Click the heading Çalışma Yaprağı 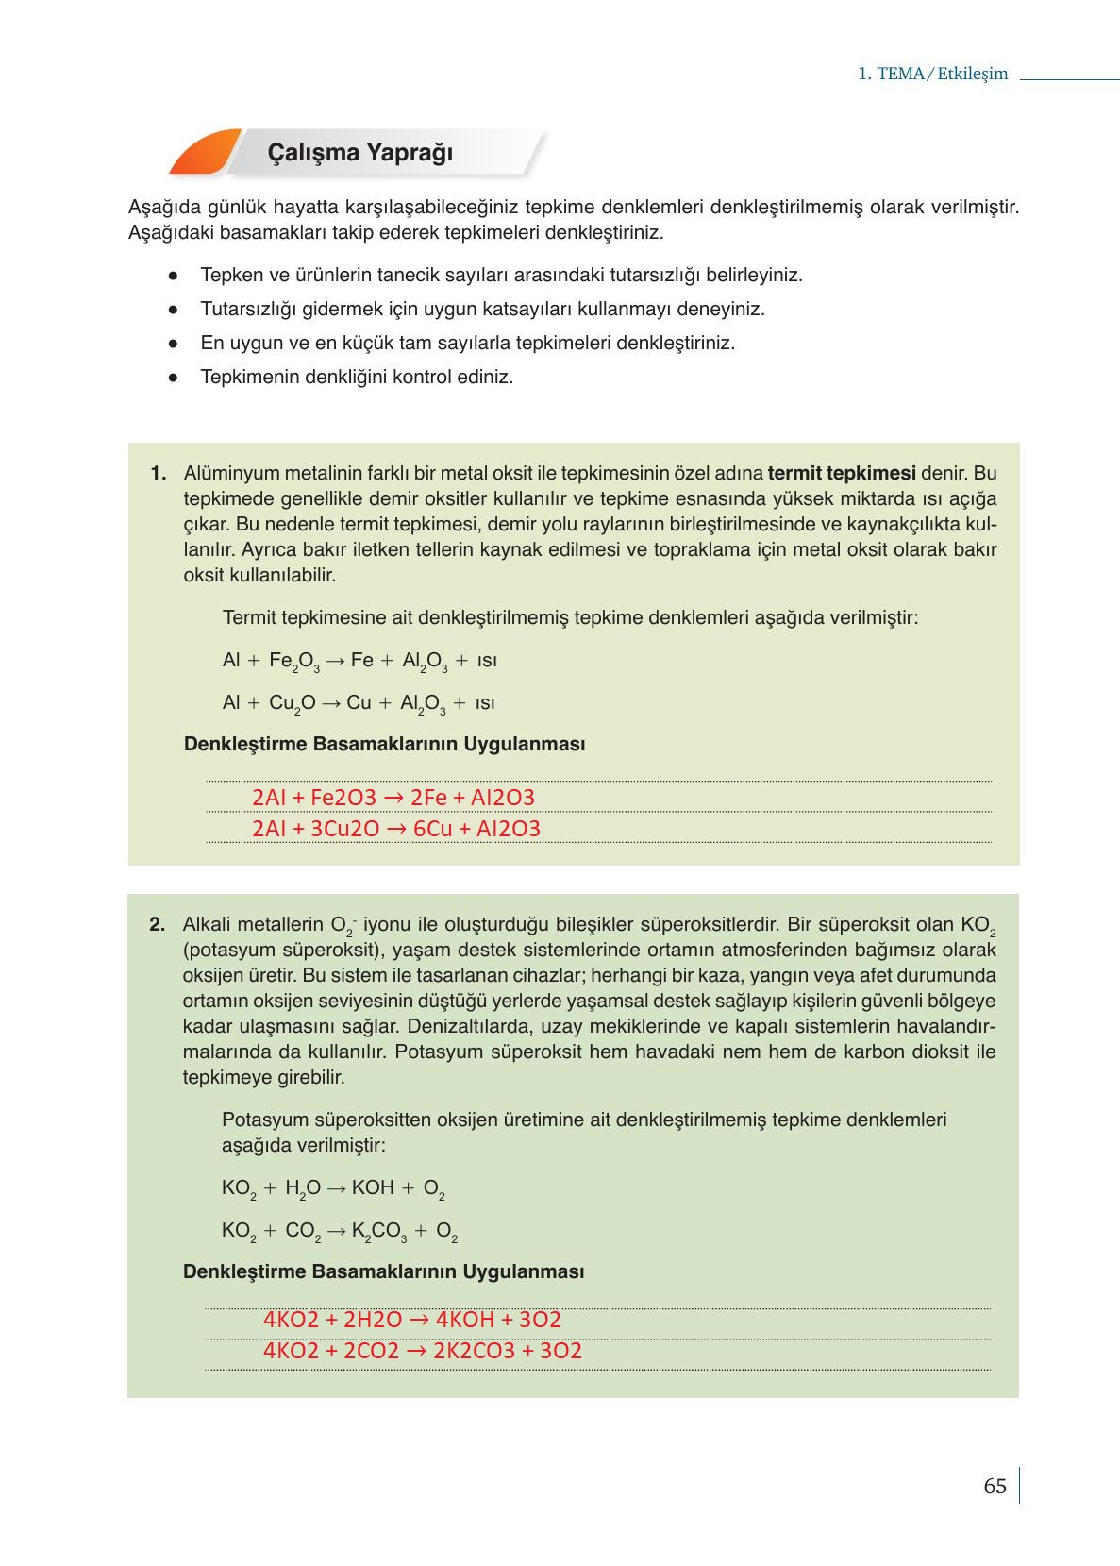tap(360, 153)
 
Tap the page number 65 tap(995, 1487)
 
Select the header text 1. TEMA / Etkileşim tap(932, 74)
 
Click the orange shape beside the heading tap(202, 153)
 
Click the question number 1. tap(159, 473)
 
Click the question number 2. tap(158, 925)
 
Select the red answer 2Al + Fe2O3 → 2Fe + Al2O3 tap(393, 798)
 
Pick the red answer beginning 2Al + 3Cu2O tap(396, 829)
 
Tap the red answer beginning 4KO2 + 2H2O tap(412, 1320)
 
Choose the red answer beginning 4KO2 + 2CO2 tap(423, 1351)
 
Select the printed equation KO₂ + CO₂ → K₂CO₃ tap(340, 1232)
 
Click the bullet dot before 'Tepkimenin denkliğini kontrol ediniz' tap(173, 378)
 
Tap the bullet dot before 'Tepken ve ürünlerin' tap(173, 276)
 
